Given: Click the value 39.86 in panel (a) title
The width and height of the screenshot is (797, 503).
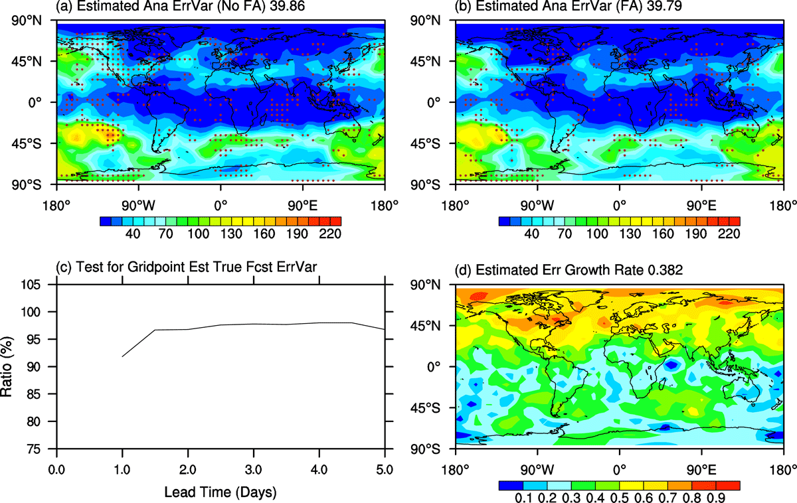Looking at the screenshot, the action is (287, 6).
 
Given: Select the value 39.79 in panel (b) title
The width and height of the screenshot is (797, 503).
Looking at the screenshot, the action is (664, 6).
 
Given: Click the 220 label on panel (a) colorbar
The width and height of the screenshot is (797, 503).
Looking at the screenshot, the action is (330, 234).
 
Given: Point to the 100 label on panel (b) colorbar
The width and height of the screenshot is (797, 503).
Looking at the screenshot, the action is (597, 234).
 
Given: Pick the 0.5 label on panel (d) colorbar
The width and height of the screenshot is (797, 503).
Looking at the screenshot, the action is (620, 498).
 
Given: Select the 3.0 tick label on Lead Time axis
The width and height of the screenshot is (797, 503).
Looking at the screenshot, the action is (253, 470).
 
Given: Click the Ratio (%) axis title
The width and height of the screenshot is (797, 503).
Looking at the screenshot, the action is (7, 366).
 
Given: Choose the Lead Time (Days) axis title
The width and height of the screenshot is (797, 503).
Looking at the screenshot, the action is (221, 492).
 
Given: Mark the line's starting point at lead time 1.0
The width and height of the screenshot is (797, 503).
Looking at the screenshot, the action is (122, 356).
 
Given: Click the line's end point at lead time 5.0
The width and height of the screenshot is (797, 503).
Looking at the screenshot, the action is (385, 329).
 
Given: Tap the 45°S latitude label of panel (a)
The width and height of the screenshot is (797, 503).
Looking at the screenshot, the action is (27, 143).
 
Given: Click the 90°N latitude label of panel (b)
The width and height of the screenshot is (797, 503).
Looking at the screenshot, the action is (425, 21).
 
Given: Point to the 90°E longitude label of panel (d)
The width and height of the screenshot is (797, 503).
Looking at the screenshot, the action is (701, 470).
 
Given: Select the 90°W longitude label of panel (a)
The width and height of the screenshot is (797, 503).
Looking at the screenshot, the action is (138, 206).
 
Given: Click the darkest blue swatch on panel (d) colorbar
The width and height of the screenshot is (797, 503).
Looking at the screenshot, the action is (511, 486).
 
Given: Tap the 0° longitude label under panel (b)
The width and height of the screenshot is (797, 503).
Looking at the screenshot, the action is (620, 206).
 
